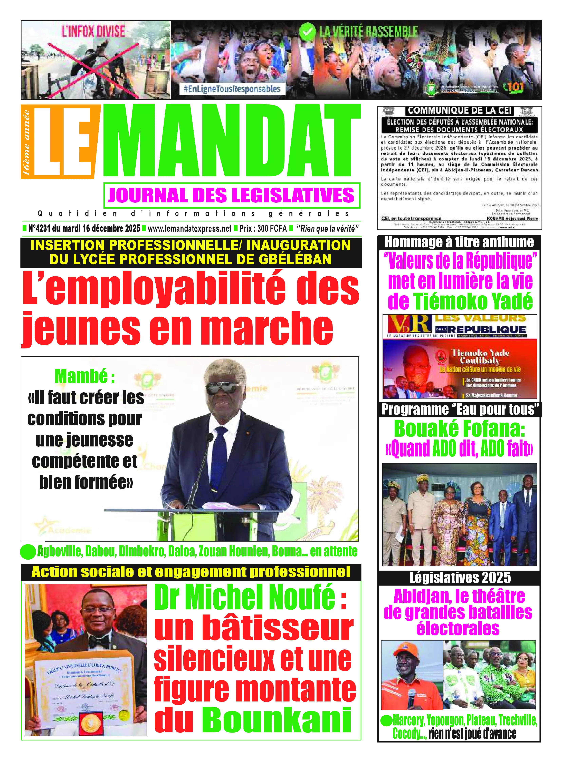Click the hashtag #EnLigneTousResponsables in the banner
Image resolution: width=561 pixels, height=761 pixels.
[232, 89]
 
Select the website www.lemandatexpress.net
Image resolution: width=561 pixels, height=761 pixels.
[189, 228]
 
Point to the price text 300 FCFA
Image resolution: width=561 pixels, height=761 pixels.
[272, 228]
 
